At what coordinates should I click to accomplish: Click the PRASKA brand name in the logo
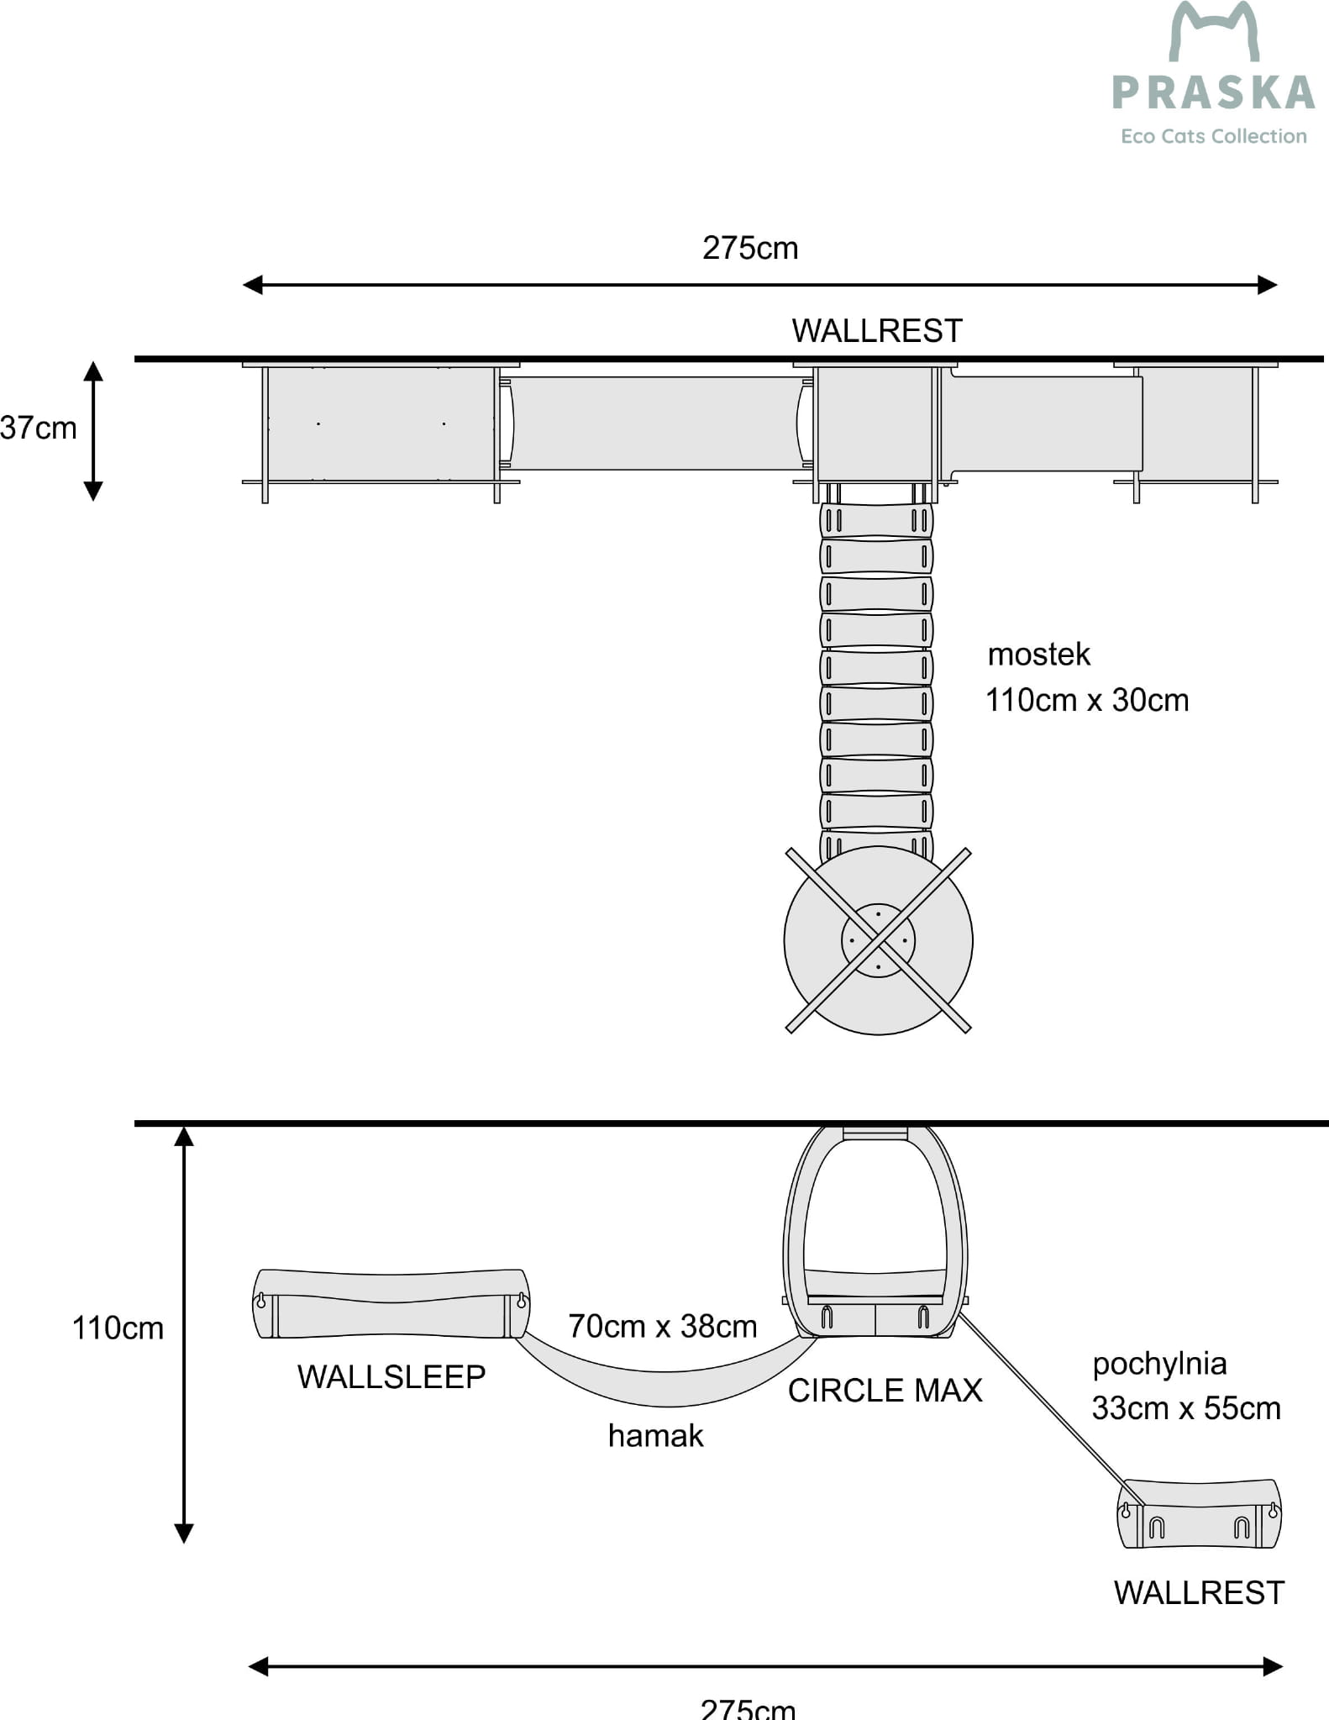[1213, 93]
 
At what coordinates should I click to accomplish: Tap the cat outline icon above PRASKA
[1215, 32]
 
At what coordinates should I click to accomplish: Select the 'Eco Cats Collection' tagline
[1213, 136]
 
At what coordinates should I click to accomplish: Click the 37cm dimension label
[39, 429]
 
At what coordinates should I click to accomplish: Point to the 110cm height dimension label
[118, 1328]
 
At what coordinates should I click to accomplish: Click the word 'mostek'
[1038, 655]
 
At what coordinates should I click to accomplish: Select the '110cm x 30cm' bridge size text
[1087, 700]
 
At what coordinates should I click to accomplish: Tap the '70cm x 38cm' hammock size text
[662, 1326]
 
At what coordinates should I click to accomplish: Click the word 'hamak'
[655, 1436]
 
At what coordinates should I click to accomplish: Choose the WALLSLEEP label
[391, 1377]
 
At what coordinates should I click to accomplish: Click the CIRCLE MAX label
[885, 1391]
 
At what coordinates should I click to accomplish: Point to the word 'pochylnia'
[1159, 1364]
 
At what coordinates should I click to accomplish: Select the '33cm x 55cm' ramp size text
[1185, 1408]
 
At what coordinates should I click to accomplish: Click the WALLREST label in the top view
[876, 331]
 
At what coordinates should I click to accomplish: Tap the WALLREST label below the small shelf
[1199, 1593]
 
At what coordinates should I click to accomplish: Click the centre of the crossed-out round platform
[878, 940]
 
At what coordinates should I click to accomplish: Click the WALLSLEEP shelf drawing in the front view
[391, 1304]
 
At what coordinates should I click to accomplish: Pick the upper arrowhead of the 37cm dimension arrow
[93, 371]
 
